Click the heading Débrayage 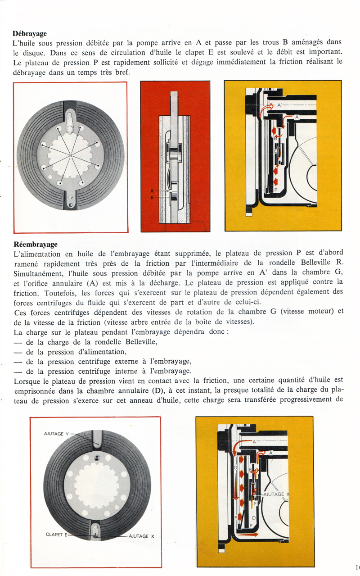[30, 33]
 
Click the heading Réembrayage [36, 245]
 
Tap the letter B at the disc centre [71, 155]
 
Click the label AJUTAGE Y [57, 434]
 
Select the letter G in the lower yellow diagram [235, 468]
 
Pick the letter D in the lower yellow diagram [253, 518]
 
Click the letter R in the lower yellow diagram [236, 518]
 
